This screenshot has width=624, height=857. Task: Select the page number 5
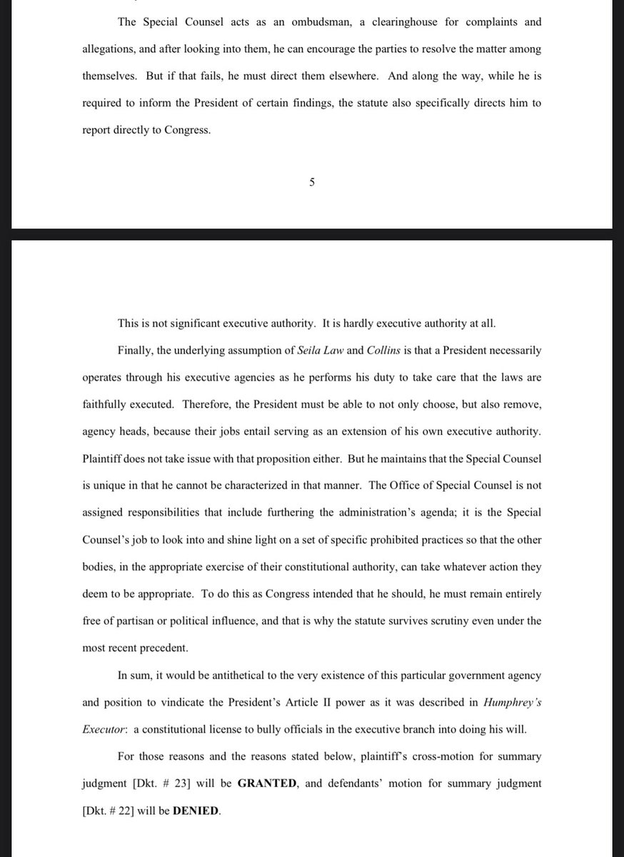click(x=312, y=181)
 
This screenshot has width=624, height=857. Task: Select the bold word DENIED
click(x=197, y=811)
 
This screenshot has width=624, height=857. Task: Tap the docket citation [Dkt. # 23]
click(x=168, y=783)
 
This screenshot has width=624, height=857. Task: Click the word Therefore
click(x=206, y=404)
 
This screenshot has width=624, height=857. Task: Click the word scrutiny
click(x=451, y=621)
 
